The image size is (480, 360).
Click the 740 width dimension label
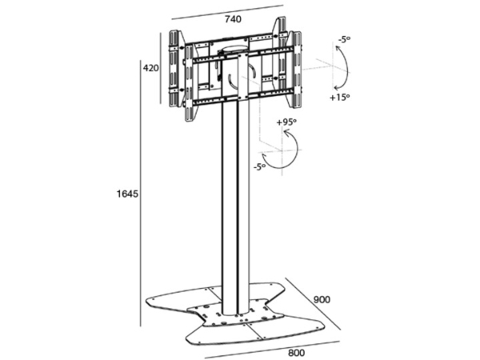coord(234,19)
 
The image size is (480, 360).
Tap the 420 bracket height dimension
coord(151,68)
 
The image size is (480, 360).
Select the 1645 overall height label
coord(127,194)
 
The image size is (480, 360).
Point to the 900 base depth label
coord(322,299)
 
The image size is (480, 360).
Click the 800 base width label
coord(297,353)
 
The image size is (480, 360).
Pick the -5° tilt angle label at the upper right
coord(344,40)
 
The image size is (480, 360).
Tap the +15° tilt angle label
coord(340,98)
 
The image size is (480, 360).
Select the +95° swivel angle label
coord(286,122)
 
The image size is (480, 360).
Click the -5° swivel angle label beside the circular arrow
coord(259,167)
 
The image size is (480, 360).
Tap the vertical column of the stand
coord(235,208)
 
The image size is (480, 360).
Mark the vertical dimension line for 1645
coord(141,194)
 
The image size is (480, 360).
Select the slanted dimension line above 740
coord(227,12)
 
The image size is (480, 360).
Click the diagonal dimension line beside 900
coord(313,304)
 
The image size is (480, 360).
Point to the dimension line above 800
coord(272,350)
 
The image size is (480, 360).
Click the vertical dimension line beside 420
coord(161,68)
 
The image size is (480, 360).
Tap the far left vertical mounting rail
coord(174,69)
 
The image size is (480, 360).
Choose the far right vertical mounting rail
coord(296,70)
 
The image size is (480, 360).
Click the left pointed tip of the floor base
coord(146,300)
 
